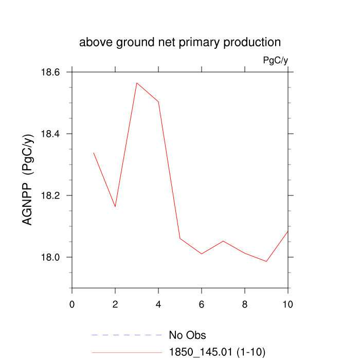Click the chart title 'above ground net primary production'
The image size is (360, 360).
pos(180,42)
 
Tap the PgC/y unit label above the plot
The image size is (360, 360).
pos(275,60)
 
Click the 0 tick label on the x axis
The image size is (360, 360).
pos(72,304)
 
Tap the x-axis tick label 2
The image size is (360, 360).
pos(115,304)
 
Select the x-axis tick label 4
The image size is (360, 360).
pos(158,304)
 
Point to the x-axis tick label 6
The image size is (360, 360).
pos(202,304)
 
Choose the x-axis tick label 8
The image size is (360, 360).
pos(245,304)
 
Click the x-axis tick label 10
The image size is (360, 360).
pos(288,304)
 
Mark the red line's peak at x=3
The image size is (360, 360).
pos(137,83)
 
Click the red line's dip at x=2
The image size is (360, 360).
pos(115,207)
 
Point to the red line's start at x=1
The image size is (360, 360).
pos(94,152)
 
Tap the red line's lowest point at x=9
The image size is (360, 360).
pos(266,261)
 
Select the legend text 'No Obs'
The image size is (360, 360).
pos(187,335)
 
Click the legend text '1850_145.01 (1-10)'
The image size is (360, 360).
pos(217,352)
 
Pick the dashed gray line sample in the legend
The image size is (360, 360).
pos(127,335)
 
